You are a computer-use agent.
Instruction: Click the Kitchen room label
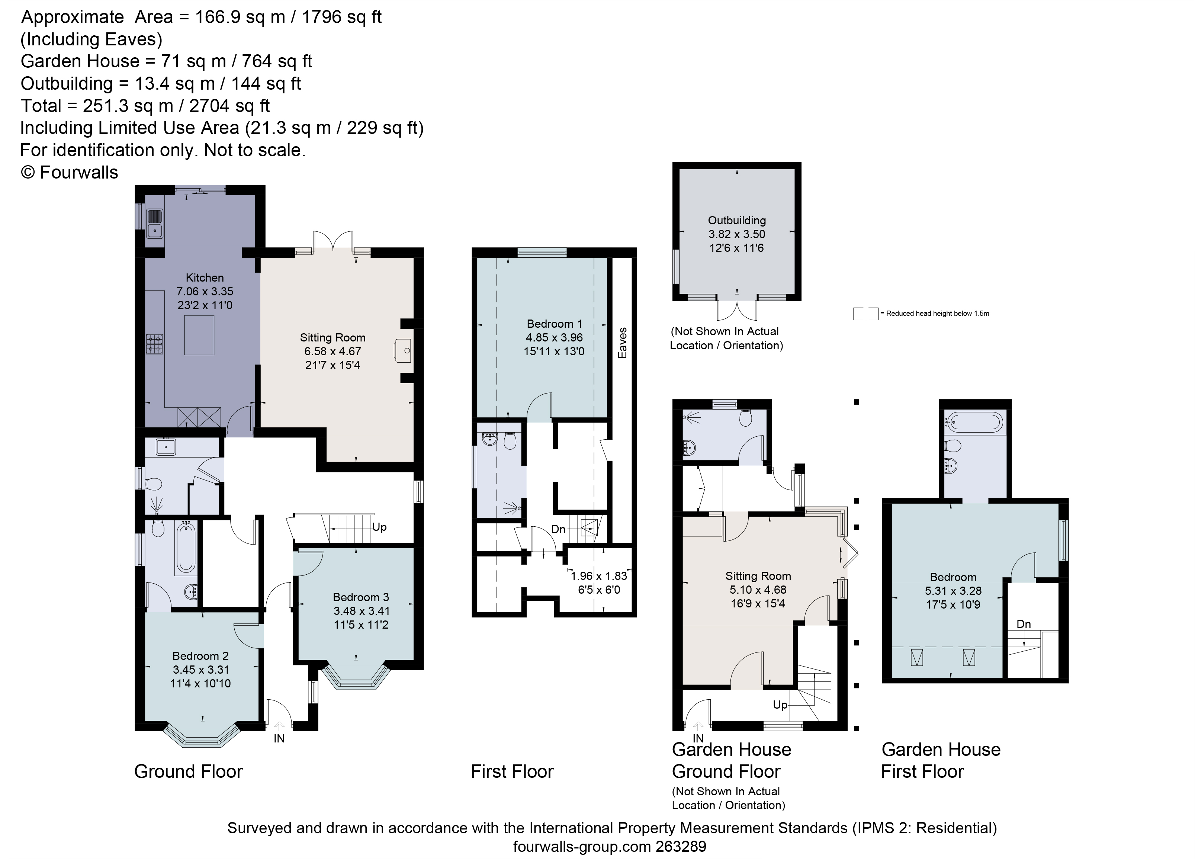pos(205,278)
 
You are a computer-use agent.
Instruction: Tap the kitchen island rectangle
pos(199,335)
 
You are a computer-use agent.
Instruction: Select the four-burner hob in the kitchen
pos(154,344)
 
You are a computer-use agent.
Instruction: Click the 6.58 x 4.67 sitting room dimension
pos(333,352)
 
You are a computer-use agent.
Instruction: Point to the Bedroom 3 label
pos(360,597)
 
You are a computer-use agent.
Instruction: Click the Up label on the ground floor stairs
pos(379,527)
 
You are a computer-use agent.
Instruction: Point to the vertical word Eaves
pos(623,343)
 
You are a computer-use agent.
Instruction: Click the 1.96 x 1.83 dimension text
pos(599,576)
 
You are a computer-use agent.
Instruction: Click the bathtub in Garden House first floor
pos(975,422)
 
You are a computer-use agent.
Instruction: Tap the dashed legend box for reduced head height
pos(865,314)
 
